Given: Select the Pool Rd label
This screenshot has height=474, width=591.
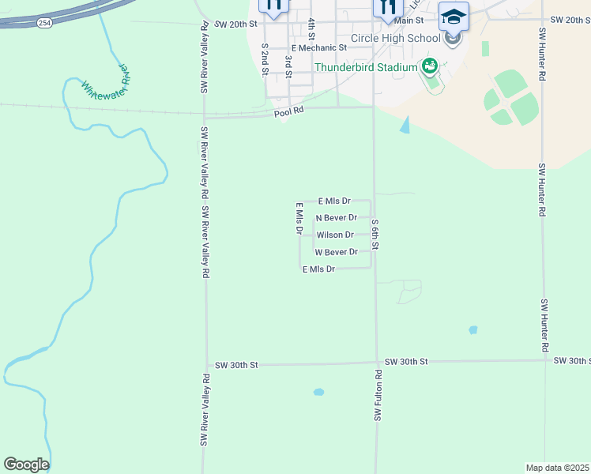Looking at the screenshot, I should [289, 112].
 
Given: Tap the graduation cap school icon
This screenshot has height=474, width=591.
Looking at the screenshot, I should [454, 16].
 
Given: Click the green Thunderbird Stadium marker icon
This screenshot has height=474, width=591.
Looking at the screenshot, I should [430, 66].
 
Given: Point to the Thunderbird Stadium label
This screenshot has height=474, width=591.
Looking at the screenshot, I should [366, 67].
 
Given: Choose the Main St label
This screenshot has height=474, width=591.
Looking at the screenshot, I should [408, 20].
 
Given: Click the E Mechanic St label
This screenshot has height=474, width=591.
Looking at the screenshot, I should [319, 47].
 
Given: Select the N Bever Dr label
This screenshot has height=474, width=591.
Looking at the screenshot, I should [336, 217].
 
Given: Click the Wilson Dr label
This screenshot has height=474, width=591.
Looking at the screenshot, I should [335, 235].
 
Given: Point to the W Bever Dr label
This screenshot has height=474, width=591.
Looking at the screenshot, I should [336, 252].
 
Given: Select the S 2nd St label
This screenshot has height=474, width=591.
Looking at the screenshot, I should [264, 59].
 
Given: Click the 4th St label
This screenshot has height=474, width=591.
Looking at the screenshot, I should [312, 30].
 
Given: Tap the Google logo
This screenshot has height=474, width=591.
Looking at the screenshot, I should [26, 465].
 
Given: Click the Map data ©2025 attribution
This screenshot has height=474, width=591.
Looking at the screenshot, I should [557, 467].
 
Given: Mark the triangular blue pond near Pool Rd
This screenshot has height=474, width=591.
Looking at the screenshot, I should [405, 125].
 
